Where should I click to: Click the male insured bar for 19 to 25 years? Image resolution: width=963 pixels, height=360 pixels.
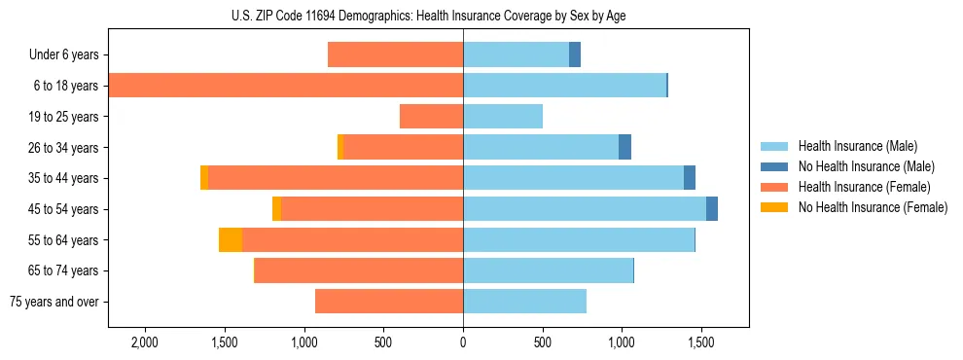click(x=503, y=117)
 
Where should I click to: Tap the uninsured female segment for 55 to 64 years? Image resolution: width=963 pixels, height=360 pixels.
click(x=231, y=240)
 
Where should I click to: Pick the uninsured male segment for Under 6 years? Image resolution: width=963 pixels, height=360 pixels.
click(x=575, y=54)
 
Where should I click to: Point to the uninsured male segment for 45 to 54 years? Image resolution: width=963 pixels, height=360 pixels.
click(x=712, y=209)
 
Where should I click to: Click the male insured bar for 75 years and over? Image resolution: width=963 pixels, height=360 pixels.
click(x=525, y=302)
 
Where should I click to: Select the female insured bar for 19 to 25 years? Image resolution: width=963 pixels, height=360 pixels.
click(x=431, y=117)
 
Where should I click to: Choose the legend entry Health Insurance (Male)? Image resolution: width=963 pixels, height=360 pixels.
click(x=857, y=147)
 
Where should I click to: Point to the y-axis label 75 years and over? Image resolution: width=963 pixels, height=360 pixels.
click(x=54, y=302)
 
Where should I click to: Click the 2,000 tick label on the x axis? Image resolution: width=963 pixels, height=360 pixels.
click(x=145, y=342)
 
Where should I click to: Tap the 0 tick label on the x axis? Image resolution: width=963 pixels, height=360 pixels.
click(x=463, y=342)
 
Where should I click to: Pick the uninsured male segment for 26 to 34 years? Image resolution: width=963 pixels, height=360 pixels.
click(x=624, y=147)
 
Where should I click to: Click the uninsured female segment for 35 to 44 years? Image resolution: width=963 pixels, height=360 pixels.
click(x=204, y=178)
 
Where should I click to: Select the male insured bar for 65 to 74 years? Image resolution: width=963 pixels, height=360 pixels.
click(x=549, y=270)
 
